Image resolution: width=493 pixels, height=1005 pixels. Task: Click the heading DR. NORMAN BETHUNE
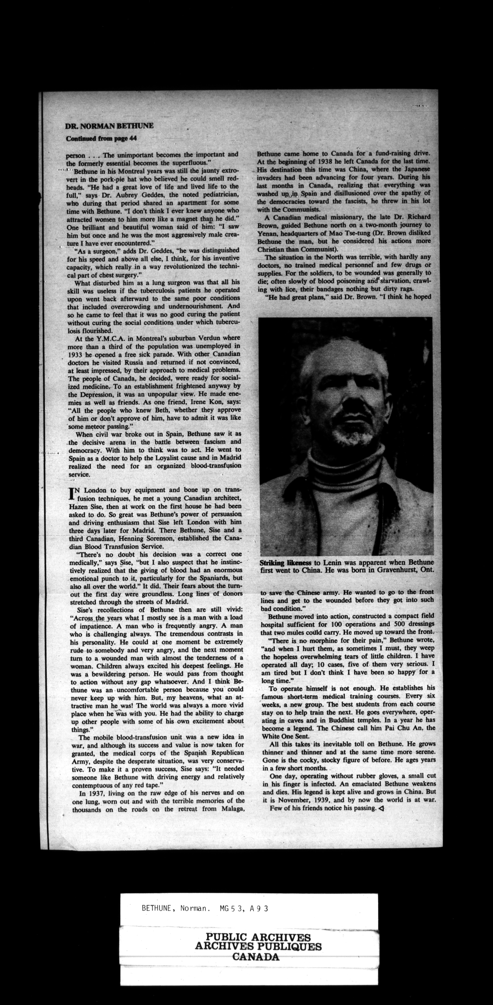click(x=110, y=126)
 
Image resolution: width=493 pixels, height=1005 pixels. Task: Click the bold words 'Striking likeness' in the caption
click(x=285, y=563)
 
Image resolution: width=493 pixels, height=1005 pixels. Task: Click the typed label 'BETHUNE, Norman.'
click(x=174, y=908)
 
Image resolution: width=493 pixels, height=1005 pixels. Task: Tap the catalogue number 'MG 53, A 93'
click(x=244, y=908)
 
